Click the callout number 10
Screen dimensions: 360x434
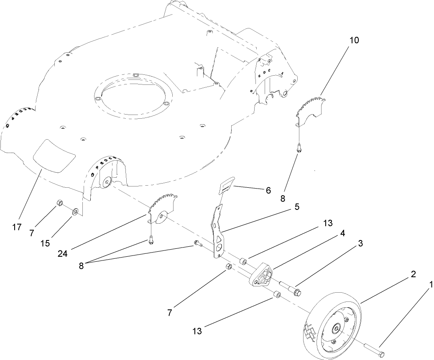click(354, 40)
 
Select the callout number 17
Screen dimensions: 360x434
click(17, 227)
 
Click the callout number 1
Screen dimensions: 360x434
click(431, 284)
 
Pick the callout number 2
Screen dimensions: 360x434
click(413, 275)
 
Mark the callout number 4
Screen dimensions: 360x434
click(342, 234)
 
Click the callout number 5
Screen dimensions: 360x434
click(296, 207)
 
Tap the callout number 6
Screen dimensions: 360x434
click(268, 190)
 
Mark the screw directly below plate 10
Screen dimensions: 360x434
click(299, 147)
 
